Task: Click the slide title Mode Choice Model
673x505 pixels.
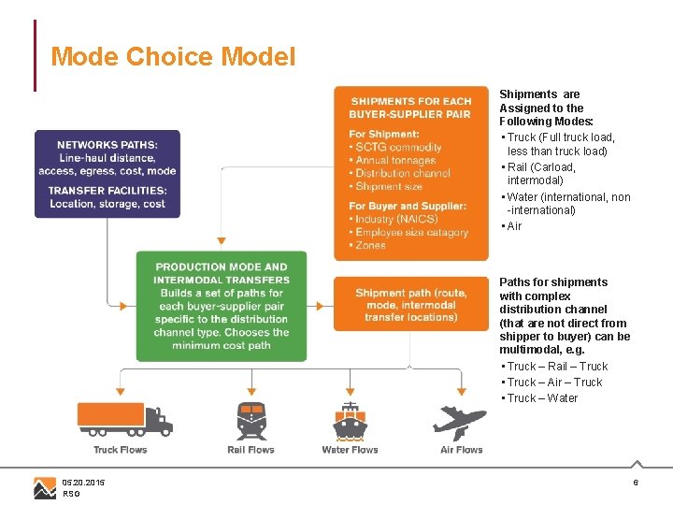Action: tap(173, 57)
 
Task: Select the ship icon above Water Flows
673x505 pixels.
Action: tap(350, 421)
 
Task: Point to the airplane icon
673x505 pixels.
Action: tap(459, 421)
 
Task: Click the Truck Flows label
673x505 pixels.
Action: tap(121, 450)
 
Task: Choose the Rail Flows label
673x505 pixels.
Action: tap(251, 450)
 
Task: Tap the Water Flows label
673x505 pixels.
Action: tap(350, 450)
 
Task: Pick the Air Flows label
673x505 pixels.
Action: tap(462, 450)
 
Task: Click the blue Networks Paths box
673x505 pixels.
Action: tap(107, 174)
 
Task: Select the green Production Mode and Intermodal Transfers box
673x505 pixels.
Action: tap(222, 306)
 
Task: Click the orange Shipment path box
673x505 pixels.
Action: tap(411, 305)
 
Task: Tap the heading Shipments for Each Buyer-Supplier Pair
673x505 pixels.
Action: tap(411, 108)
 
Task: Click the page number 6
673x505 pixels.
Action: tap(636, 483)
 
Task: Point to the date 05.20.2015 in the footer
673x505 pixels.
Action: tap(84, 483)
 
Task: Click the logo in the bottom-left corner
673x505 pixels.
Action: tap(45, 487)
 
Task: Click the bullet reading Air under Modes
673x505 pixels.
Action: tap(514, 226)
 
